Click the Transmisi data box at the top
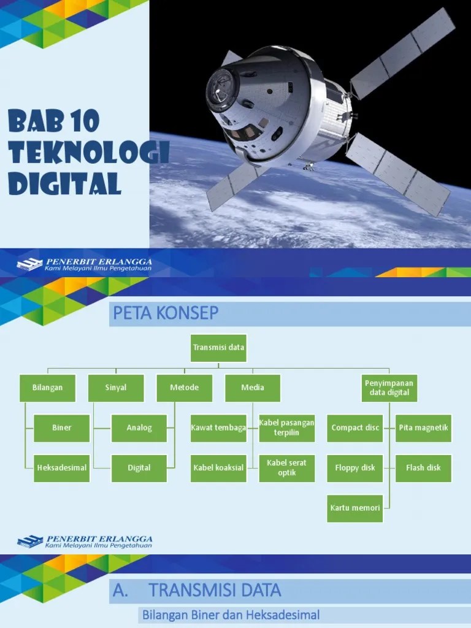(219, 348)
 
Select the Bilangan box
(48, 388)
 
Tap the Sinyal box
(116, 388)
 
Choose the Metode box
(185, 388)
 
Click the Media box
(253, 388)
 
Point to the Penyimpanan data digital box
(389, 388)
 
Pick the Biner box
(61, 427)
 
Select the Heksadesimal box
(61, 467)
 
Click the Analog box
(139, 427)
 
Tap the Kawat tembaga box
(218, 427)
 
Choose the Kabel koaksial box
(218, 467)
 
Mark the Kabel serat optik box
(286, 467)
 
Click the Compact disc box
(355, 427)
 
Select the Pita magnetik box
(423, 427)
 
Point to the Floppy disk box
(355, 467)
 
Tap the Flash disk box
(423, 467)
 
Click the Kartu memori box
(355, 508)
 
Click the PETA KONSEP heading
(166, 314)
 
